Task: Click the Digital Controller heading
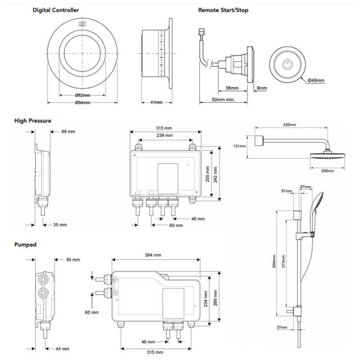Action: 57,10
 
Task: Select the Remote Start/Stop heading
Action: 223,10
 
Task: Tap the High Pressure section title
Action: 32,121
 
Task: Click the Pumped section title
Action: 26,245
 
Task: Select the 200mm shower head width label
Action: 327,171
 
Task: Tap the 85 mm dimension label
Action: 72,260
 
